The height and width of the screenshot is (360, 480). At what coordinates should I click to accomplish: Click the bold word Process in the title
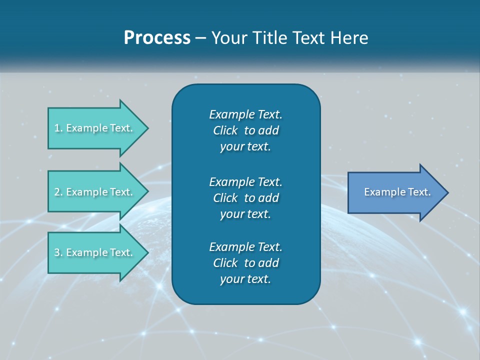click(157, 38)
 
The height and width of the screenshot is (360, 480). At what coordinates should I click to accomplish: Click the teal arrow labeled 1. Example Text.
click(95, 128)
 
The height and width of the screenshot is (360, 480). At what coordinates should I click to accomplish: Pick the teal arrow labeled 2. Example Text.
click(95, 192)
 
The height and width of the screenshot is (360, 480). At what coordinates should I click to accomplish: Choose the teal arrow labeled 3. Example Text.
click(95, 252)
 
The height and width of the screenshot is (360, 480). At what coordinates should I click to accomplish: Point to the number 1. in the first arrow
click(58, 128)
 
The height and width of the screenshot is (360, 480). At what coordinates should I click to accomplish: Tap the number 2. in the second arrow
click(58, 192)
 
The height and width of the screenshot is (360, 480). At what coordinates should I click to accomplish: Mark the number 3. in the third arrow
click(58, 252)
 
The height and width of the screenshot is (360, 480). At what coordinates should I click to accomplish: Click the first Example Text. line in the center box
click(245, 114)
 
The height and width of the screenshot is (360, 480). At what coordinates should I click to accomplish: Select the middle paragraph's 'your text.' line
click(245, 214)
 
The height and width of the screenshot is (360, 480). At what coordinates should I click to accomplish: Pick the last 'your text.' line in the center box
click(245, 279)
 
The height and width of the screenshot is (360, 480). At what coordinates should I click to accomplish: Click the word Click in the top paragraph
click(225, 130)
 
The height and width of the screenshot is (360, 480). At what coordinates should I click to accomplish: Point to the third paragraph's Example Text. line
click(245, 247)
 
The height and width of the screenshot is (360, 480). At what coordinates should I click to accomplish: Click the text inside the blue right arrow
click(397, 192)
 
